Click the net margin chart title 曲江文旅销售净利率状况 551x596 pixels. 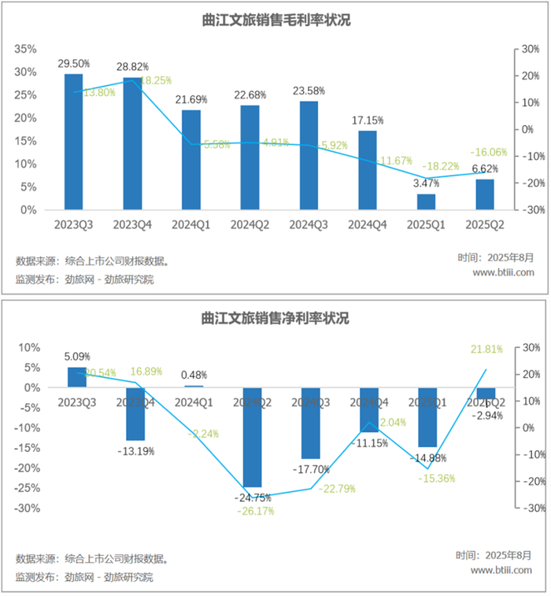[x=275, y=319]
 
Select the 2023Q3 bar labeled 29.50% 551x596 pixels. [x=73, y=142]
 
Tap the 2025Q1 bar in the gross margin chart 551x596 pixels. [x=426, y=202]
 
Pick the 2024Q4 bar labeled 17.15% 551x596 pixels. [x=368, y=170]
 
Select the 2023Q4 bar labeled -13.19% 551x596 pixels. [x=135, y=413]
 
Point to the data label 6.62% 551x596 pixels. [x=485, y=168]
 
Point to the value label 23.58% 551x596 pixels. [x=309, y=90]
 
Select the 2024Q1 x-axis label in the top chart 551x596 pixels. [x=191, y=224]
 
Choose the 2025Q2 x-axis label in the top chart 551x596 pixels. [x=485, y=224]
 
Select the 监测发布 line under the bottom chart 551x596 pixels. [x=84, y=577]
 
